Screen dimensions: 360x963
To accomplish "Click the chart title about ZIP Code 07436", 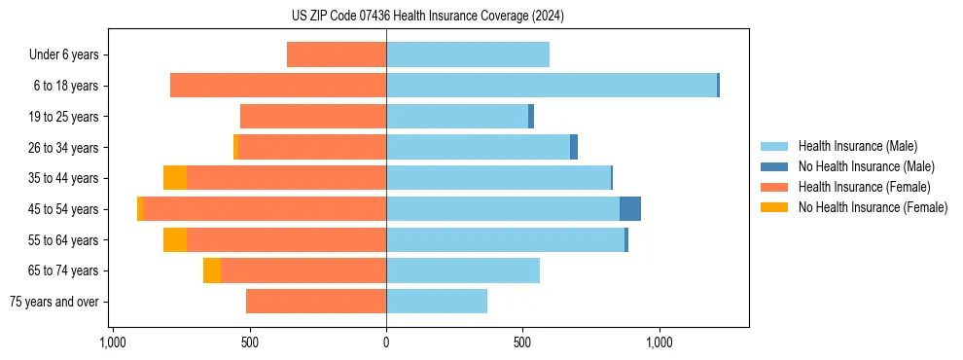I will (x=428, y=17).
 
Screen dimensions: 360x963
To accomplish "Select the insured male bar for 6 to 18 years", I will (x=552, y=86).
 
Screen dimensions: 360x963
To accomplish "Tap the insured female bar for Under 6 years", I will (x=337, y=54).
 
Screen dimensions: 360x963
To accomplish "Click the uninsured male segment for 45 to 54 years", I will (x=630, y=209).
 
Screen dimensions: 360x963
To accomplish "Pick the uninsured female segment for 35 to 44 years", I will (x=175, y=178).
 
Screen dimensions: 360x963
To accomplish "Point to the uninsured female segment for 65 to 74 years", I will (x=212, y=270).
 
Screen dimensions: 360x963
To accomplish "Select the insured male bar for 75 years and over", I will (x=437, y=302).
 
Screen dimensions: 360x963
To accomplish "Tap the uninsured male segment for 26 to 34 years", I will (x=574, y=147).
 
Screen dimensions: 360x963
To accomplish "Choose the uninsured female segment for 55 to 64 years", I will (x=175, y=240).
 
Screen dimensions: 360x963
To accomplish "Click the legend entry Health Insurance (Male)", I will (x=856, y=146).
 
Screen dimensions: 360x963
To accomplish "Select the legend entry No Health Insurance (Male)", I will (x=866, y=166).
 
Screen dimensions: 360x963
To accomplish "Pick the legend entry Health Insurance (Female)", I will (x=864, y=187).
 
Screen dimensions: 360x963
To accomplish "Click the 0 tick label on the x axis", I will (x=386, y=342).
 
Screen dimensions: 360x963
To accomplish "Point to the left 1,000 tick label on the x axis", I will (x=113, y=342).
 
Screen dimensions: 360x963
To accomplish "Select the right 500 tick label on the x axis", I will (x=522, y=342).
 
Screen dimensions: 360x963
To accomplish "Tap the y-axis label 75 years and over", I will (x=54, y=302).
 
